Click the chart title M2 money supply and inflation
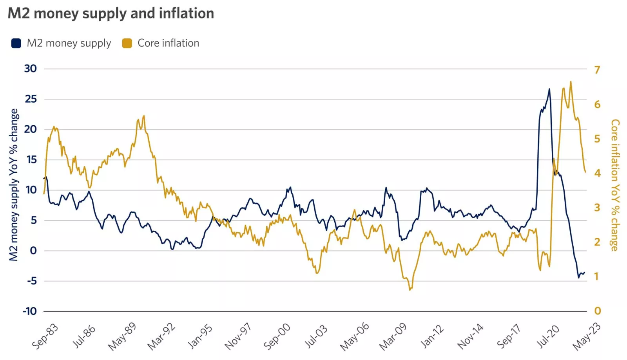[111, 13]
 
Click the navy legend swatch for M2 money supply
[16, 43]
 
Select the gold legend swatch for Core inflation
[127, 43]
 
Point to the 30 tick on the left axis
[30, 69]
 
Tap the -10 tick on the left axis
[29, 311]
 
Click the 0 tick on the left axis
[33, 251]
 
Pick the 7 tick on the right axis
[597, 70]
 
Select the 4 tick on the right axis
[597, 173]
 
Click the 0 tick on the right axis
[597, 311]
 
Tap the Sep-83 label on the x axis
[45, 336]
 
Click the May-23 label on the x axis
[586, 336]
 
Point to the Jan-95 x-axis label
[200, 336]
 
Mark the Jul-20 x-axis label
[548, 336]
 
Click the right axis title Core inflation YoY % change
[615, 185]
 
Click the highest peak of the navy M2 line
[549, 89]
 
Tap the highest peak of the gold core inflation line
[571, 81]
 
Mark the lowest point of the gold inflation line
[410, 290]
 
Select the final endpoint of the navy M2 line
[584, 273]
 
